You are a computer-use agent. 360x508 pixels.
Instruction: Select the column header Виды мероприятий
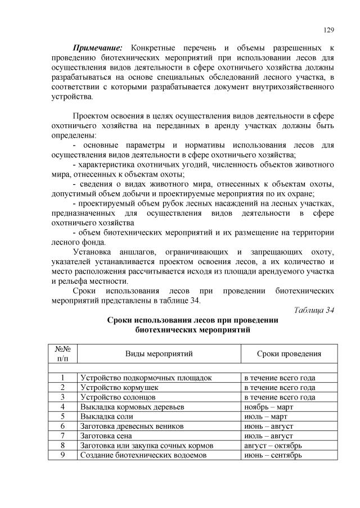(x=159, y=354)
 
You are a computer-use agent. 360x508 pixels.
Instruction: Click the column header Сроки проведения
(x=289, y=354)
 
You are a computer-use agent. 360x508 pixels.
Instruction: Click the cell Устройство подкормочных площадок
(x=146, y=378)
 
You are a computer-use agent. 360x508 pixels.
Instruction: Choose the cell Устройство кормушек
(x=119, y=388)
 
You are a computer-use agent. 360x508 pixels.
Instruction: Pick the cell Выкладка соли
(x=107, y=416)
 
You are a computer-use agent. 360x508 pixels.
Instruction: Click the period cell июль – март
(x=265, y=416)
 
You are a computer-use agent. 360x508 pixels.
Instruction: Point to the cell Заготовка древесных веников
(x=133, y=426)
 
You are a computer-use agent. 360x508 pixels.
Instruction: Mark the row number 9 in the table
(x=62, y=455)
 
